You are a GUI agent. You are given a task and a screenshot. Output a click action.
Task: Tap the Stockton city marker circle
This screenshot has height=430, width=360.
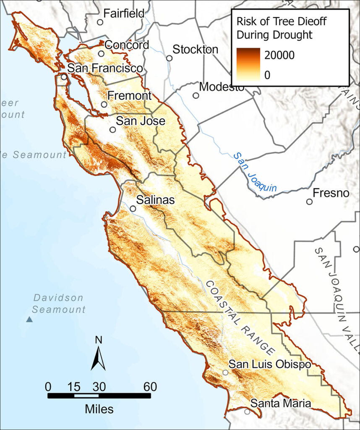tap(170, 58)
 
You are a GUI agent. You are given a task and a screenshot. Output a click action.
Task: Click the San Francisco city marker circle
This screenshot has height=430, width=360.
tap(64, 77)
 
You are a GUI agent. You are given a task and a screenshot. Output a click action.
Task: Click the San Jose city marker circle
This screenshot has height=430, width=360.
tap(112, 129)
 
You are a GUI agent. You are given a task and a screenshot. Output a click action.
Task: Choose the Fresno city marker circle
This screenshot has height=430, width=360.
tap(309, 202)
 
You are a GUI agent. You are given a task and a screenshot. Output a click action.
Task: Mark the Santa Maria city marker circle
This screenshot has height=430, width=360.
tap(247, 412)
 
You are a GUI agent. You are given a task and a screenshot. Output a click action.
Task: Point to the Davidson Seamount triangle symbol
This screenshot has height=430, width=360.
tap(29, 320)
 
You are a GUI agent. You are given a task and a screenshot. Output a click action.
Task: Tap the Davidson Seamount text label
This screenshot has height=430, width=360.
tap(59, 304)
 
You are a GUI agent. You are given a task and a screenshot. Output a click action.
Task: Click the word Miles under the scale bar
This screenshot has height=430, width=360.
tap(99, 409)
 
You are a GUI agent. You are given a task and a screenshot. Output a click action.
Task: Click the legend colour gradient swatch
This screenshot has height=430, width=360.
tap(248, 64)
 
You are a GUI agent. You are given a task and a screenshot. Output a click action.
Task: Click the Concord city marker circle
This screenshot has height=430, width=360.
tap(101, 54)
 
